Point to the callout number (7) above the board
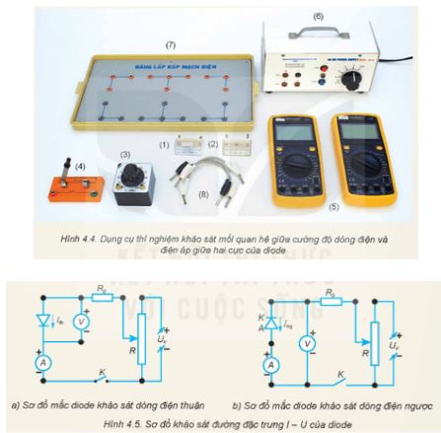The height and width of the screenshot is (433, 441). [x=171, y=44]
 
